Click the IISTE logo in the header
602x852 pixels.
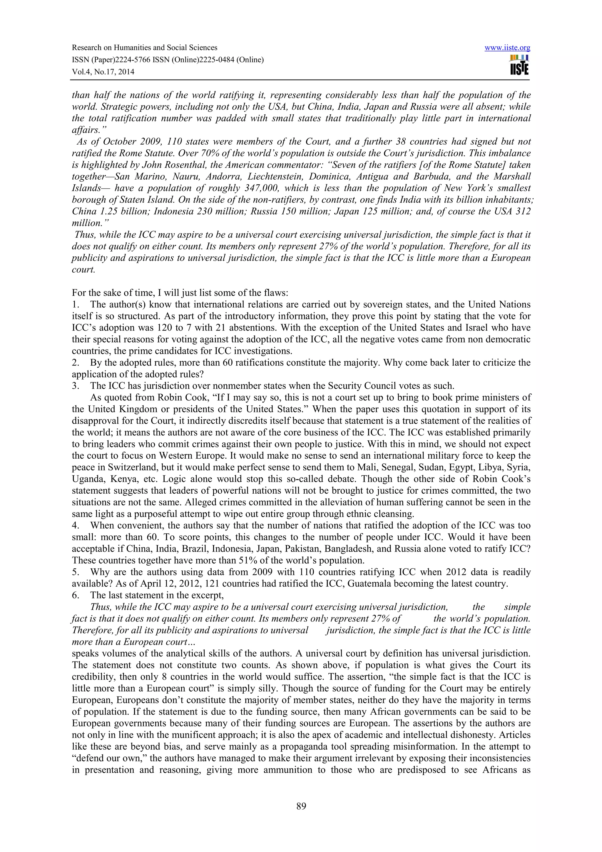519,65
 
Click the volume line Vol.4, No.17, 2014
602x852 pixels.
103,72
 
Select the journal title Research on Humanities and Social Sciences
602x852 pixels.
144,48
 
